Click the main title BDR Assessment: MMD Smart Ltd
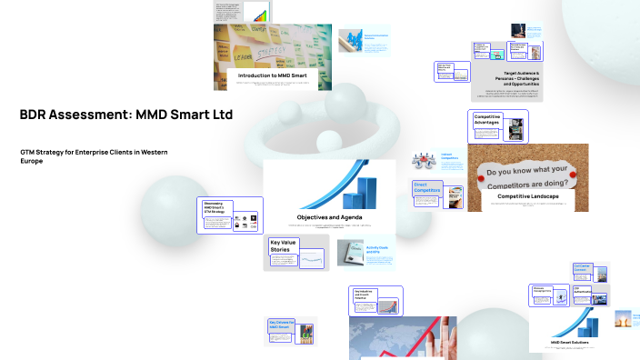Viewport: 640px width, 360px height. pyautogui.click(x=126, y=115)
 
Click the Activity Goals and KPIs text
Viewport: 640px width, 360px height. pyautogui.click(x=377, y=248)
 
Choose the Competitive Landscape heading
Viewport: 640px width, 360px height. pyautogui.click(x=527, y=196)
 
